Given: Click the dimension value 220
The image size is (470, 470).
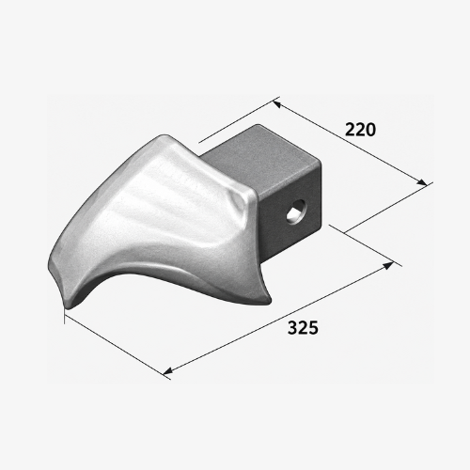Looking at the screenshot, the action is click(x=360, y=130).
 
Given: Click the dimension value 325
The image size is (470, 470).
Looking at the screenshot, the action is click(x=303, y=328).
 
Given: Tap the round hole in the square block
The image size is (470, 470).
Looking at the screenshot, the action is click(x=295, y=211).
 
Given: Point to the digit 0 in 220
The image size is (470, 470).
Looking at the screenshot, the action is click(x=370, y=130).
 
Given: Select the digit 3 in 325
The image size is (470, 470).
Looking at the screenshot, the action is click(x=292, y=328).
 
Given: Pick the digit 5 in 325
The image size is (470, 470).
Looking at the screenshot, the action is click(x=313, y=328).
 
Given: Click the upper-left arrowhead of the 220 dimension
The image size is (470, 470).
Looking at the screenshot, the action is click(x=276, y=103).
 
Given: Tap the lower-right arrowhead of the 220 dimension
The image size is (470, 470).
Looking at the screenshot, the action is click(x=422, y=182).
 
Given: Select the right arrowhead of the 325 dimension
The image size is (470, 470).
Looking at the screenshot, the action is click(x=389, y=266).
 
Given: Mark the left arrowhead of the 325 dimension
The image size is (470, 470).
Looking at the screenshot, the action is click(x=167, y=370).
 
